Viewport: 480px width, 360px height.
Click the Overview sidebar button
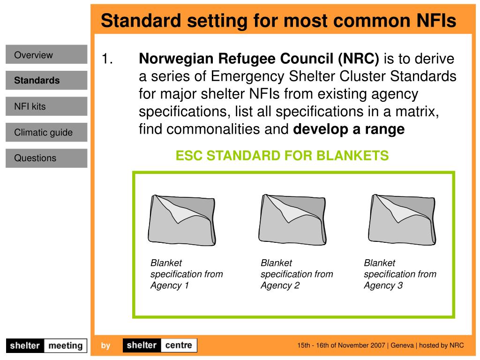46,55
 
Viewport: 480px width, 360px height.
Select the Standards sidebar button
46,81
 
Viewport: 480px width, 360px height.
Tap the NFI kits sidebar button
46,106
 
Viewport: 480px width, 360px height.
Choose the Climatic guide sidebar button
46,133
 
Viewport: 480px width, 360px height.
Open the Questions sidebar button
46,158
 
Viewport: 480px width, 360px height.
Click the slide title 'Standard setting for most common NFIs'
278,21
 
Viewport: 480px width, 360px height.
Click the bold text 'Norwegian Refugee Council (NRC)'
259,59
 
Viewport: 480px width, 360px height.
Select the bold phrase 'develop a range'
348,129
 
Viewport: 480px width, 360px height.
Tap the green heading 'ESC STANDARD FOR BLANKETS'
282,155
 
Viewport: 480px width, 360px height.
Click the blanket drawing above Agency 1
182,219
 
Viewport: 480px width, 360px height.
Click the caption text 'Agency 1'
169,285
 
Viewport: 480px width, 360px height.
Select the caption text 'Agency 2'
280,285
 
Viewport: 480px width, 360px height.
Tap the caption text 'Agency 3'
383,285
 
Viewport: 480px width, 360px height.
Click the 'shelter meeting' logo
46,346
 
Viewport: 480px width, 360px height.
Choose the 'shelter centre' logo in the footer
160,345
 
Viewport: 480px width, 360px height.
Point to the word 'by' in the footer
105,346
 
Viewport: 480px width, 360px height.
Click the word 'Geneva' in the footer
402,345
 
